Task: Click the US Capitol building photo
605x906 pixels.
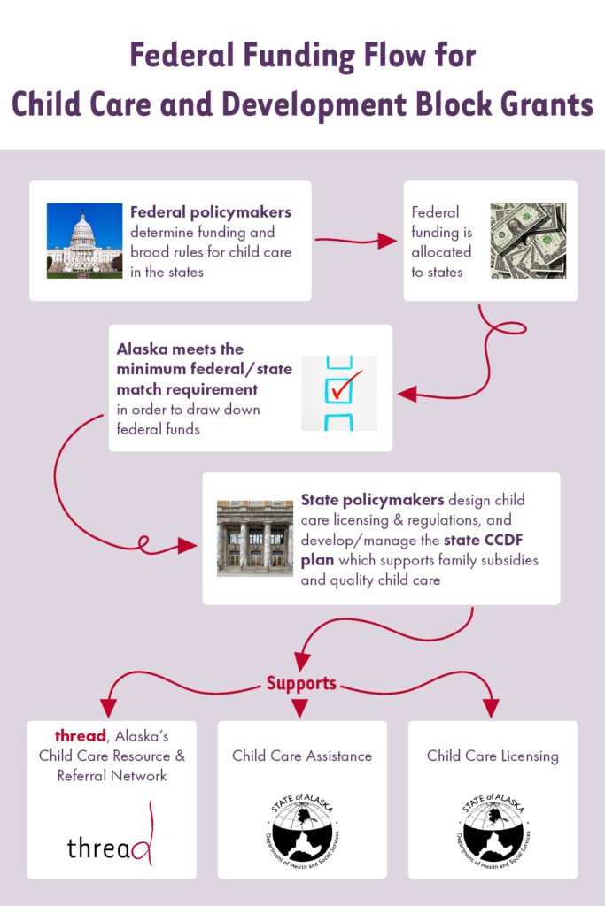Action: coord(84,241)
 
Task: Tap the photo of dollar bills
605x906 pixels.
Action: coord(528,241)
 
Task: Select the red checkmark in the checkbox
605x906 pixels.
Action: coord(346,386)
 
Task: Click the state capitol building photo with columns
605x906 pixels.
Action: coord(255,538)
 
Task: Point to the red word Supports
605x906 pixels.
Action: coord(301,683)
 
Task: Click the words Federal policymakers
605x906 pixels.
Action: coord(211,212)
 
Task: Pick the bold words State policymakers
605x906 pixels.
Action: coord(373,499)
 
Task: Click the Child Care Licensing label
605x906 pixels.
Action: coord(493,756)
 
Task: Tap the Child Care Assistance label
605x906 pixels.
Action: coord(302,756)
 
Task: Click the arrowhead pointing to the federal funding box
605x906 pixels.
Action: coord(387,241)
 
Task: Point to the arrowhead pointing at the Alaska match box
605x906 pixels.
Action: coord(407,394)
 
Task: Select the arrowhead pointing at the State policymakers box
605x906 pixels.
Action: coord(187,545)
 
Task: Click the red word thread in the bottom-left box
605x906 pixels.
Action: coord(81,735)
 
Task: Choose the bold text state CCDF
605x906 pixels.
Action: coord(483,540)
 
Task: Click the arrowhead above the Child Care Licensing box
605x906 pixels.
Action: coord(491,708)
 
